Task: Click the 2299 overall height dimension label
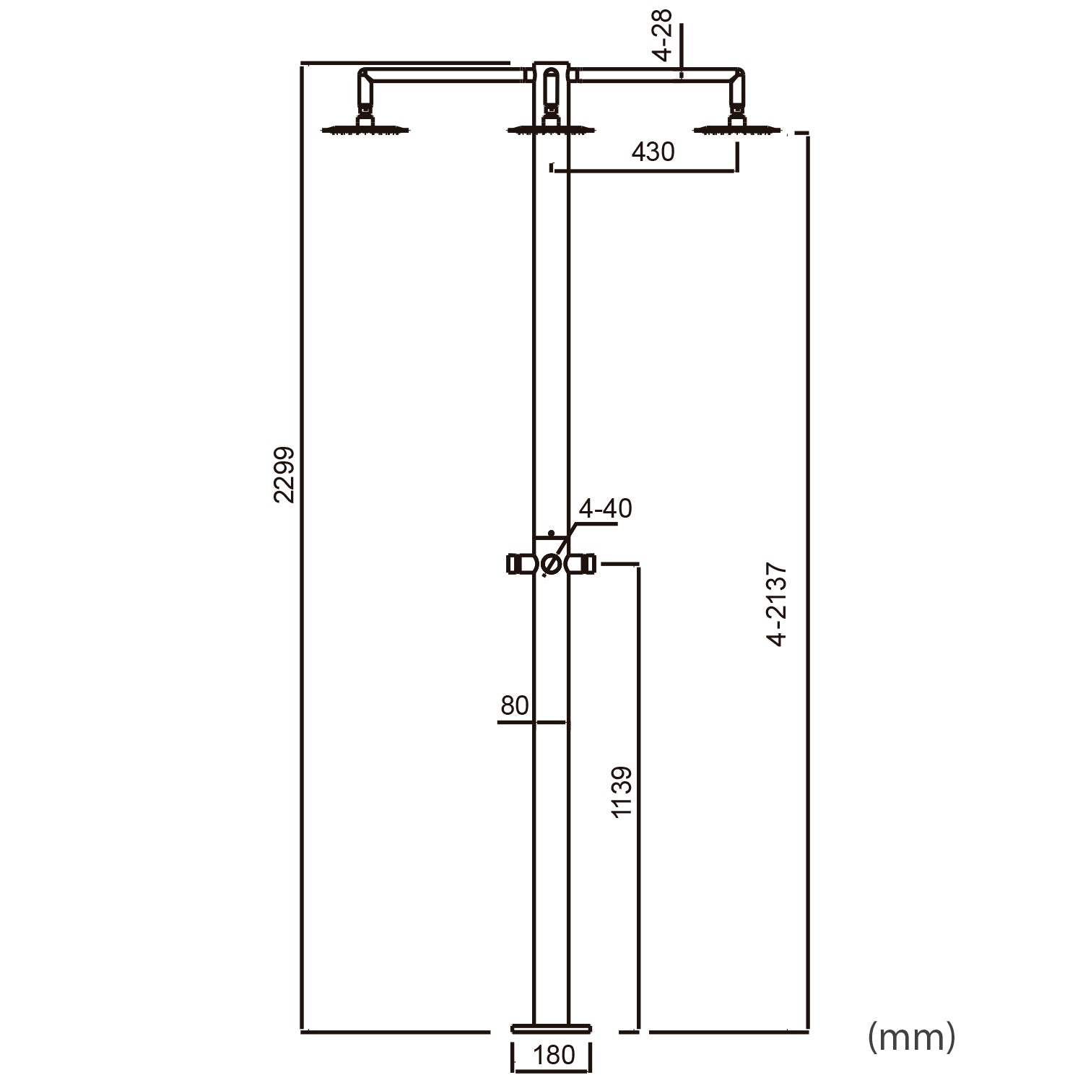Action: tap(284, 474)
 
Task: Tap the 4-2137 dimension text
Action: tap(777, 604)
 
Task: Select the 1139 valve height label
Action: tap(622, 792)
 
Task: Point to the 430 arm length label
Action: tap(653, 152)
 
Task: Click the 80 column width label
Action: tap(514, 705)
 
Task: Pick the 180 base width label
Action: tap(553, 1055)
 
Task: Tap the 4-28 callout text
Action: tap(661, 35)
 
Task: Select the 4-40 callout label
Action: tap(605, 508)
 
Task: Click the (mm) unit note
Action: tap(911, 1037)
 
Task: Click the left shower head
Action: tap(365, 130)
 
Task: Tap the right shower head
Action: tap(736, 130)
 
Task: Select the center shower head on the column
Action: tap(551, 130)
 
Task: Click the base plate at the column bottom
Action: tap(551, 1027)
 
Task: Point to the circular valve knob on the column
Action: tap(551, 564)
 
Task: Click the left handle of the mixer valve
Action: tap(519, 563)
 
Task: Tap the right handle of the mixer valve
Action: tap(582, 563)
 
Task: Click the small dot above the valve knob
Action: tap(551, 533)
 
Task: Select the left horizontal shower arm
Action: tap(444, 74)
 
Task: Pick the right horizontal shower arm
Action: tap(657, 74)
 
